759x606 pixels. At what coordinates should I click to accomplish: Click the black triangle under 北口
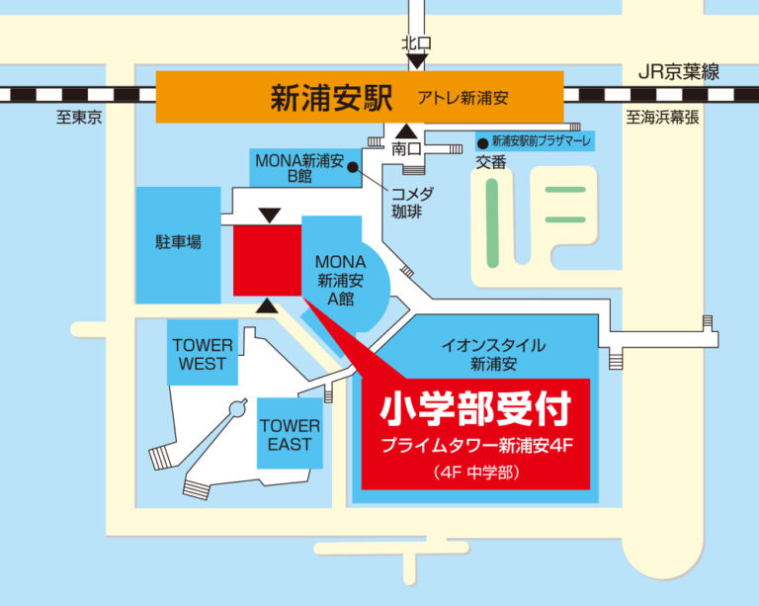pos(417,61)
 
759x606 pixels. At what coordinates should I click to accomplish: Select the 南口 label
pos(407,149)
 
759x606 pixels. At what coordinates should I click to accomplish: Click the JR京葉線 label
pos(677,71)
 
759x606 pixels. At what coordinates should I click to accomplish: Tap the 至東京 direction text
pos(79,118)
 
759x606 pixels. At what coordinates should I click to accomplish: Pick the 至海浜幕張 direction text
pos(662,118)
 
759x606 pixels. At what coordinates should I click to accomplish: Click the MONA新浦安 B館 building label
pos(298,168)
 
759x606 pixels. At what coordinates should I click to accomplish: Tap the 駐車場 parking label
pos(178,241)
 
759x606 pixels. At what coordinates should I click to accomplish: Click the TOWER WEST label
pos(203,355)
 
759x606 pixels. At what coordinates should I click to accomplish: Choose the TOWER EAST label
pos(290,435)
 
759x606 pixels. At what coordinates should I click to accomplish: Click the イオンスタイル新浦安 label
pos(493,354)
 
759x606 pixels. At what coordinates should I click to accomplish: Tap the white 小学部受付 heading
pos(475,408)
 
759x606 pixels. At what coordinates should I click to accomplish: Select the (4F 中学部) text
pos(475,472)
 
